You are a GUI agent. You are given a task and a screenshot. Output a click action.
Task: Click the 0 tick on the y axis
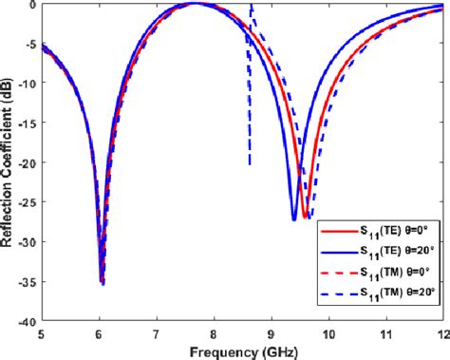click(x=32, y=5)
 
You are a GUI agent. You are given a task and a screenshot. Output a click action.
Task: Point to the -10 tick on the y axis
click(x=27, y=84)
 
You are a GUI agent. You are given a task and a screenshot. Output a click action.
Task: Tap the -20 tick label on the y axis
click(x=27, y=163)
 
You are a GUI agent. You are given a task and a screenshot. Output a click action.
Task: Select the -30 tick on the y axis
click(x=27, y=242)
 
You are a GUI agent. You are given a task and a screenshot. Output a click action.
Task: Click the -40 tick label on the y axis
click(x=27, y=321)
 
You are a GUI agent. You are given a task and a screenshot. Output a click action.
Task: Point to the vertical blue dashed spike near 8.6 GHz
click(x=250, y=95)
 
